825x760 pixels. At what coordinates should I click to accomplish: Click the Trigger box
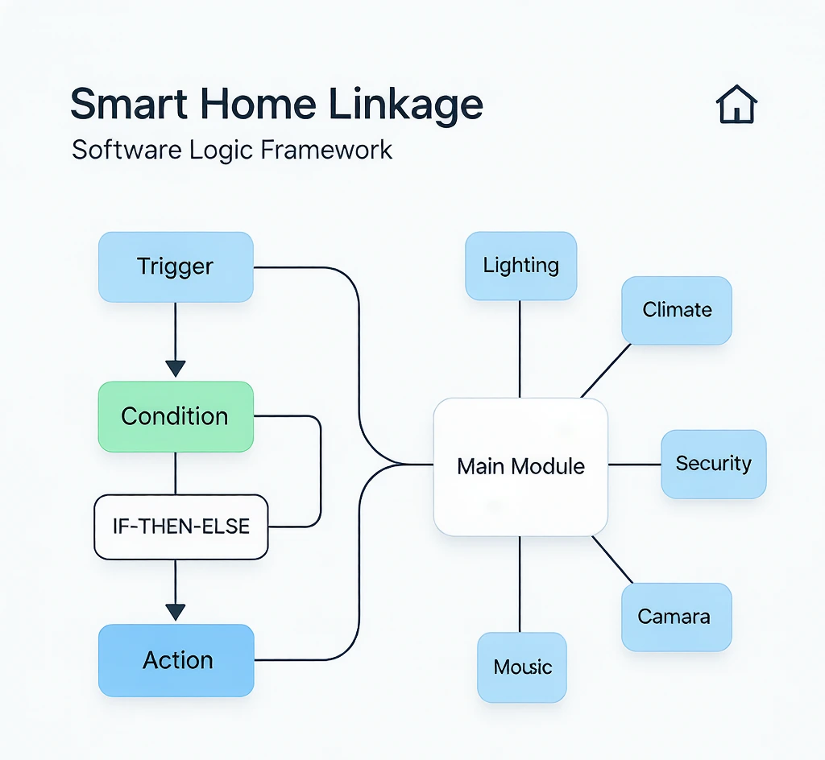176,267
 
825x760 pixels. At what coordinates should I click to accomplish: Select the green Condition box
176,416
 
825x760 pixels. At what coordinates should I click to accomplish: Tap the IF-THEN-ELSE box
181,527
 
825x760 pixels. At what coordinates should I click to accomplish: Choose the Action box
176,660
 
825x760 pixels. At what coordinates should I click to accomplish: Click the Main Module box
520,467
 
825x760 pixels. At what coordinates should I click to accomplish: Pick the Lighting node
521,266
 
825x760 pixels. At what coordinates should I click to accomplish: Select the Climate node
677,310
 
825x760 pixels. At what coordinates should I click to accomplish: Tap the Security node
714,464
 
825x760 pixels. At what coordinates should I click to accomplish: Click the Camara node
677,617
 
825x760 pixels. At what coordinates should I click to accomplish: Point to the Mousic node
522,667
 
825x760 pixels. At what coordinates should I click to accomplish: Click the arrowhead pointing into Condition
175,369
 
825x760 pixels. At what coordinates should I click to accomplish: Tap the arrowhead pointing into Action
175,613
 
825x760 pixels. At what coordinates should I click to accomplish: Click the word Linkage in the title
406,105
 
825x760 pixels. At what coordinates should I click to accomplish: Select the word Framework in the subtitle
326,150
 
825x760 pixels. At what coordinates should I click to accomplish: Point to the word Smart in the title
129,104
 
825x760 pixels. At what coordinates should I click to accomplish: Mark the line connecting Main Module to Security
635,465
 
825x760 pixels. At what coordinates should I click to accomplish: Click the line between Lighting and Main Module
520,349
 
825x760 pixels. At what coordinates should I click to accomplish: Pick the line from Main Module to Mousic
520,584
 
